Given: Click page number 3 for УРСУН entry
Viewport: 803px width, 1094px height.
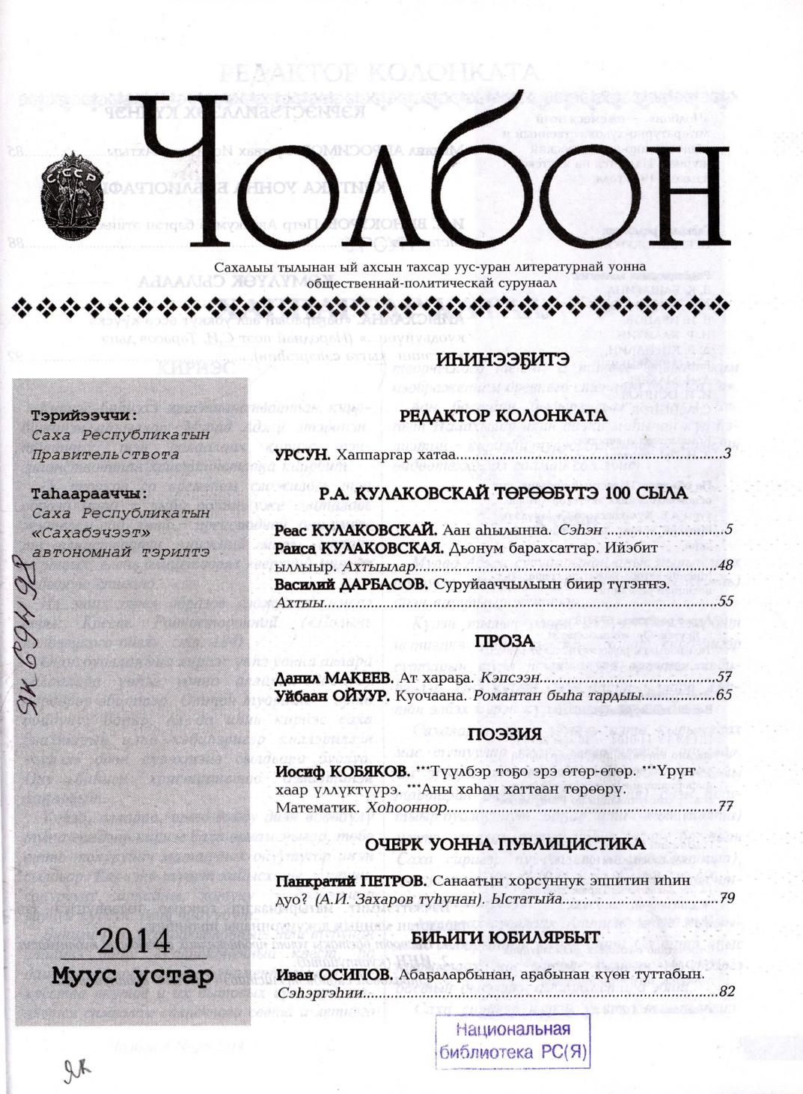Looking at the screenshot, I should point(727,455).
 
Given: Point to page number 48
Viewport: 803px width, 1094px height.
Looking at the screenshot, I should point(724,566).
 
